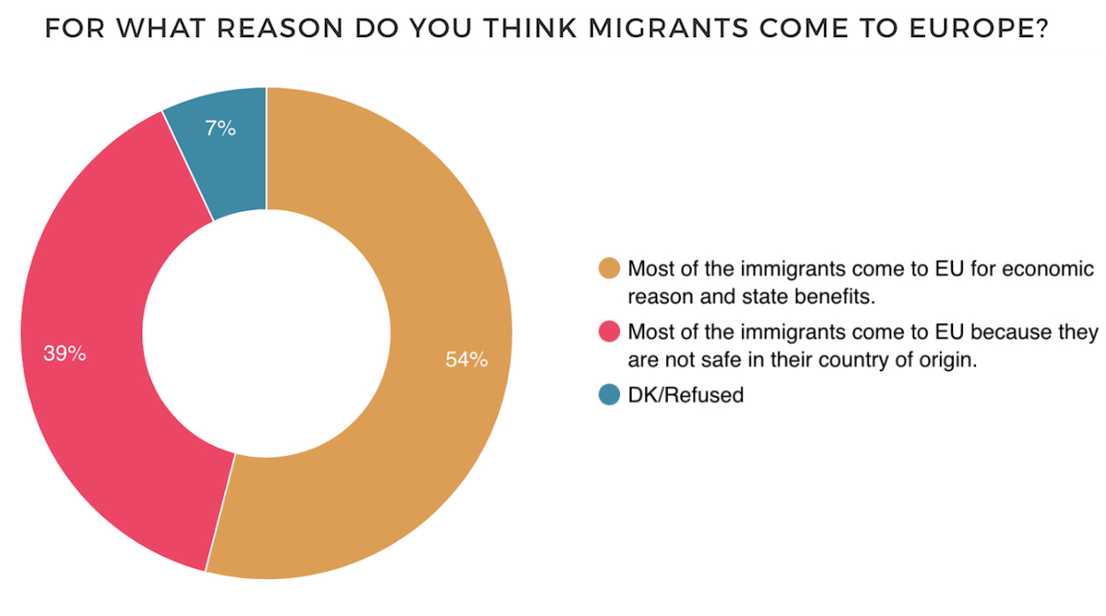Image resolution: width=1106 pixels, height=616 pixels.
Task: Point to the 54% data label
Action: (x=466, y=360)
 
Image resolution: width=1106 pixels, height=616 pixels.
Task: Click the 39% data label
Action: (x=64, y=354)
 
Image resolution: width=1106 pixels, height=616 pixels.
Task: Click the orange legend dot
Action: (x=609, y=269)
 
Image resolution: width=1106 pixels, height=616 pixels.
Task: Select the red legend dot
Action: (x=609, y=332)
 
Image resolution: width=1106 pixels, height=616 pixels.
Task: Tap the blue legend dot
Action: (x=609, y=395)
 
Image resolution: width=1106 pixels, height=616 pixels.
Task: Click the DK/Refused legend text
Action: (x=686, y=395)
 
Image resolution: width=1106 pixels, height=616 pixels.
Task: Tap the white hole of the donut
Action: (x=266, y=333)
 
